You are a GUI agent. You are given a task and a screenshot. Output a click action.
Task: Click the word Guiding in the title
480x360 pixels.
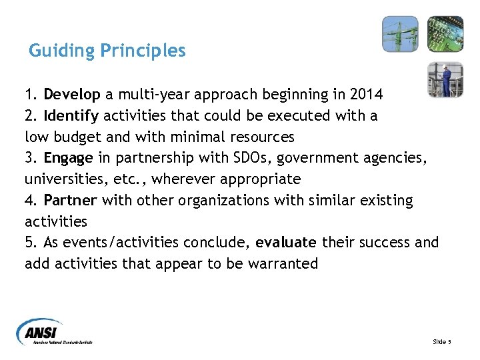(x=62, y=51)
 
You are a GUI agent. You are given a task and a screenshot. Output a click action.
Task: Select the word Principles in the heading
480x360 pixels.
(x=143, y=51)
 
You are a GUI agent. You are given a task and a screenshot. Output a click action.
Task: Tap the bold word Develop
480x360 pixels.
(x=71, y=95)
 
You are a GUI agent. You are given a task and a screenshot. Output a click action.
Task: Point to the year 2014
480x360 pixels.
(x=365, y=95)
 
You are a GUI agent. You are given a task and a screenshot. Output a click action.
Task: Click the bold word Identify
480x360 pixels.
(x=71, y=116)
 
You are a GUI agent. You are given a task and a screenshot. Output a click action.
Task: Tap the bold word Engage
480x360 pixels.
(x=69, y=158)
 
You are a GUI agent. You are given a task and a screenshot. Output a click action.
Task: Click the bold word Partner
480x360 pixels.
(x=71, y=201)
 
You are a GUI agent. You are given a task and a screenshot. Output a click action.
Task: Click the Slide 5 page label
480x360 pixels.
(x=441, y=341)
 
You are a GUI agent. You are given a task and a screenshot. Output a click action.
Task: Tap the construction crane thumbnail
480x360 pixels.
(x=400, y=34)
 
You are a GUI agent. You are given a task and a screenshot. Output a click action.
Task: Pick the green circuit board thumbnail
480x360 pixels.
(x=445, y=34)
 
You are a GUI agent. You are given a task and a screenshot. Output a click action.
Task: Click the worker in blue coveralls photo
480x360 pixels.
(x=445, y=79)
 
